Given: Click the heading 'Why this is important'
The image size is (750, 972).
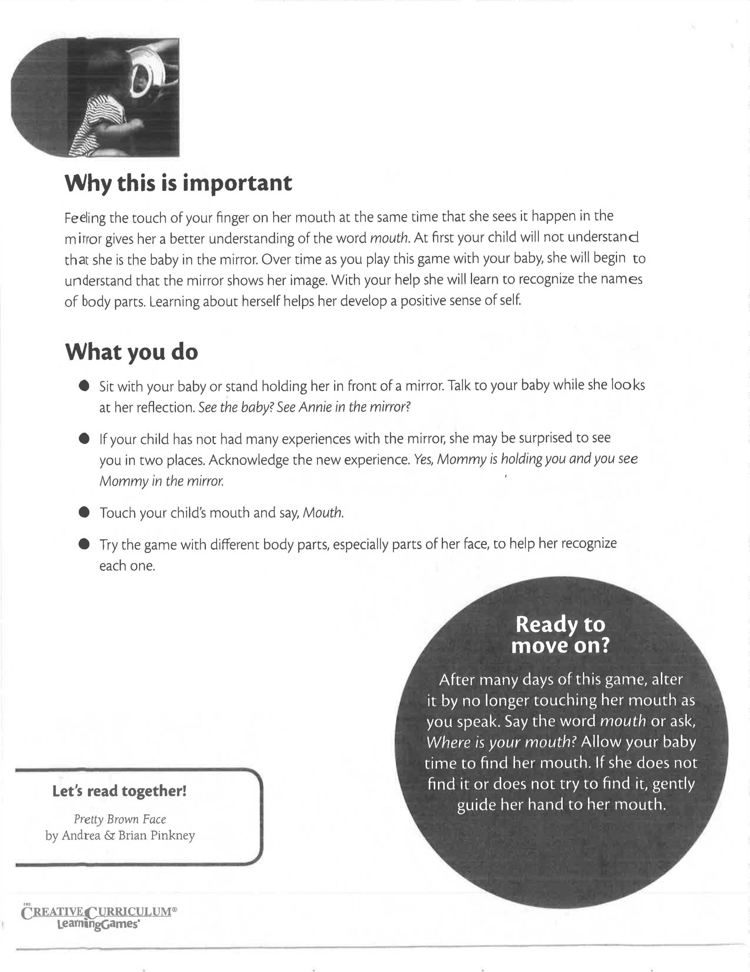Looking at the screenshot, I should tap(178, 183).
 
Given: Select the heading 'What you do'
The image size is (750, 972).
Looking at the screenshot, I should tap(132, 352).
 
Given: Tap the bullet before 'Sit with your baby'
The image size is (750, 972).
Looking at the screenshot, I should tap(84, 385).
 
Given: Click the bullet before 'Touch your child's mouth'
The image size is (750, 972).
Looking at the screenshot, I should tap(84, 512).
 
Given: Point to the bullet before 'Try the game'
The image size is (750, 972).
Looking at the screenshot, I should tap(84, 544).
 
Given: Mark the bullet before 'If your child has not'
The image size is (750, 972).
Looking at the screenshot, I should tap(84, 439).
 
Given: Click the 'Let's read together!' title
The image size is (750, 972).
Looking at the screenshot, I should tap(119, 791).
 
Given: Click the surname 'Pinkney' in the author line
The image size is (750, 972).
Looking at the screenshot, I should tap(173, 835).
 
